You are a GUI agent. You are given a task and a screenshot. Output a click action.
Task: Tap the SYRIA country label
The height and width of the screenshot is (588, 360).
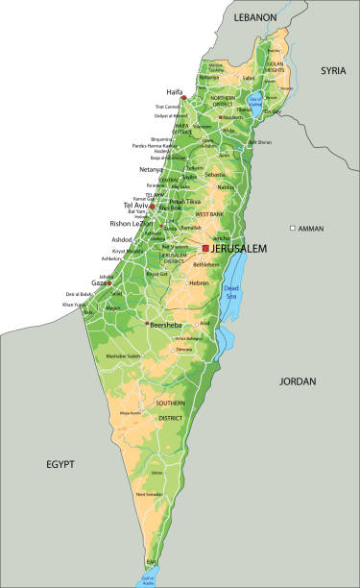pyautogui.click(x=333, y=70)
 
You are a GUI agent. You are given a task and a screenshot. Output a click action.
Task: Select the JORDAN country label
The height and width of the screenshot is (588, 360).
pyautogui.click(x=298, y=381)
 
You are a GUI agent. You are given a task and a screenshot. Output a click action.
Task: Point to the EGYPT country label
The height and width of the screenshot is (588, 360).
pyautogui.click(x=60, y=464)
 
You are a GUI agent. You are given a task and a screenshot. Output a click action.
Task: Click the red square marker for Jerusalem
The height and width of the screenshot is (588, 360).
pyautogui.click(x=205, y=248)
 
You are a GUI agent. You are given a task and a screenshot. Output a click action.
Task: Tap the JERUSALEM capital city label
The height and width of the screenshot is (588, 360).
pyautogui.click(x=239, y=248)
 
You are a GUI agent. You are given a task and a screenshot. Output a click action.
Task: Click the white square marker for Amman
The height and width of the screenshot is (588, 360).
pyautogui.click(x=293, y=229)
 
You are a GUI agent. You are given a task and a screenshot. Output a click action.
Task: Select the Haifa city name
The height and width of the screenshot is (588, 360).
pyautogui.click(x=175, y=92)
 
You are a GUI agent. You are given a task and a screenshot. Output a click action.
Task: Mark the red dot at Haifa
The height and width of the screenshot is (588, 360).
pyautogui.click(x=183, y=98)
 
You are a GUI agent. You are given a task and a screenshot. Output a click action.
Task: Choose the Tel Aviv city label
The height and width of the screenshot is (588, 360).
pyautogui.click(x=134, y=206)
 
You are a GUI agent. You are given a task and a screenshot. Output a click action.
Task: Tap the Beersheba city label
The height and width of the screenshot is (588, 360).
pyautogui.click(x=169, y=326)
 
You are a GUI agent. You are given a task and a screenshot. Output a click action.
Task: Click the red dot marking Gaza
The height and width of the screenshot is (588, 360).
pyautogui.click(x=109, y=283)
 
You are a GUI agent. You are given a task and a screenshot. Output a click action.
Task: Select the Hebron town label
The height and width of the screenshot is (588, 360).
pyautogui.click(x=199, y=283)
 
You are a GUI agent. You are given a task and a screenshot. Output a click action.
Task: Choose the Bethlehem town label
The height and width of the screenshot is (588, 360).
pyautogui.click(x=206, y=264)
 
